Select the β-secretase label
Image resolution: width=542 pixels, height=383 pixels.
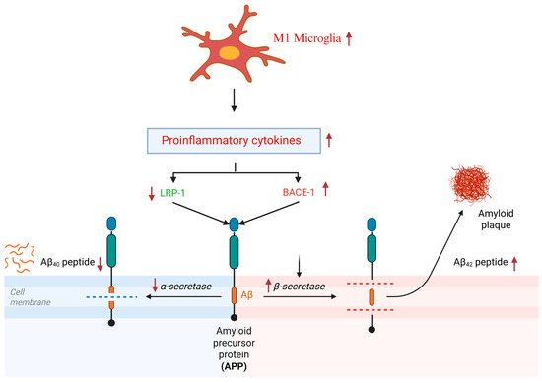(x=299, y=287)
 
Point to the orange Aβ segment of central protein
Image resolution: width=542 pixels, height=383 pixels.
(x=233, y=292)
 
